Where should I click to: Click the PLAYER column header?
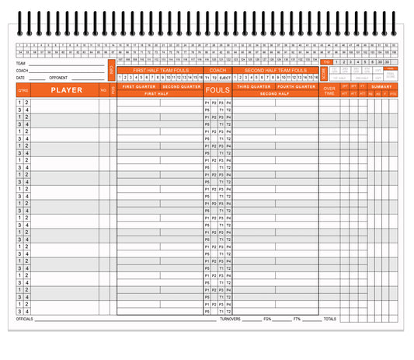click(66, 90)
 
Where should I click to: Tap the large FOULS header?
click(217, 90)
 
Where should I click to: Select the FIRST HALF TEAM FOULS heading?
click(160, 70)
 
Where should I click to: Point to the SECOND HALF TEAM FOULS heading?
click(276, 70)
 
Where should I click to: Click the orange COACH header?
click(217, 70)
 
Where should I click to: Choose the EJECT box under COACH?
click(224, 78)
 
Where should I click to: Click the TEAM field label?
click(20, 63)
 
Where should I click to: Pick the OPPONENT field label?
click(59, 78)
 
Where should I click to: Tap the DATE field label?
click(20, 78)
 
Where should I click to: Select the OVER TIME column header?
click(329, 90)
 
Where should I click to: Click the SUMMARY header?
click(381, 86)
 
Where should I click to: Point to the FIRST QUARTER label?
click(138, 86)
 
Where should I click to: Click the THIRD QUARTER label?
click(254, 86)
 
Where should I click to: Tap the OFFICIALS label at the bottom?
click(25, 319)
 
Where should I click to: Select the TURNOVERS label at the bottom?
click(230, 319)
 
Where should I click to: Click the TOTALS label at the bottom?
click(330, 319)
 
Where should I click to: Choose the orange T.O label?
click(326, 62)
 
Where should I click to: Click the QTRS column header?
click(23, 90)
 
